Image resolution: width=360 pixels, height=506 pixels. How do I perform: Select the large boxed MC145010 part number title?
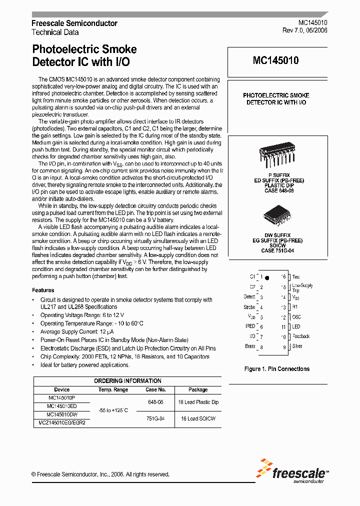[x=275, y=61]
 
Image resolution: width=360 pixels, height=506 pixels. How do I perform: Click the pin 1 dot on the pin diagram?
[x=267, y=277]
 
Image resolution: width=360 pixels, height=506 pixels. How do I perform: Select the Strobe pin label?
[x=249, y=307]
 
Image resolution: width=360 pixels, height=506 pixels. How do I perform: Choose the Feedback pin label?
[x=301, y=336]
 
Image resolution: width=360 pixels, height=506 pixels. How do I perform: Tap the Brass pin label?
[x=250, y=346]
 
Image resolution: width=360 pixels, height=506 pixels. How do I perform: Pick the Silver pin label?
[x=297, y=346]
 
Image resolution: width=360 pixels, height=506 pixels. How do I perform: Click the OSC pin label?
[x=297, y=317]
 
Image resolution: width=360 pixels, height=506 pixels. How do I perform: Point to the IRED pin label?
[x=250, y=326]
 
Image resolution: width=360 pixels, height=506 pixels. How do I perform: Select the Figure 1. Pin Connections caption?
[x=276, y=369]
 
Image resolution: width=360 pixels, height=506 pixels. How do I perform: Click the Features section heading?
[x=43, y=290]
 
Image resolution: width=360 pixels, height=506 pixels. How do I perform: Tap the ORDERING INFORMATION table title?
[x=128, y=381]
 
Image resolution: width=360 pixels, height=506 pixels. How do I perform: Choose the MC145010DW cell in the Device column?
[x=62, y=414]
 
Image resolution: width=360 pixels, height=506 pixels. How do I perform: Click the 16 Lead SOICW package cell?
[x=198, y=418]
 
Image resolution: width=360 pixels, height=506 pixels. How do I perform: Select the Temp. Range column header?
[x=113, y=389]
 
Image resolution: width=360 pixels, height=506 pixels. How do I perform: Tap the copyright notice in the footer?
[x=100, y=474]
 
